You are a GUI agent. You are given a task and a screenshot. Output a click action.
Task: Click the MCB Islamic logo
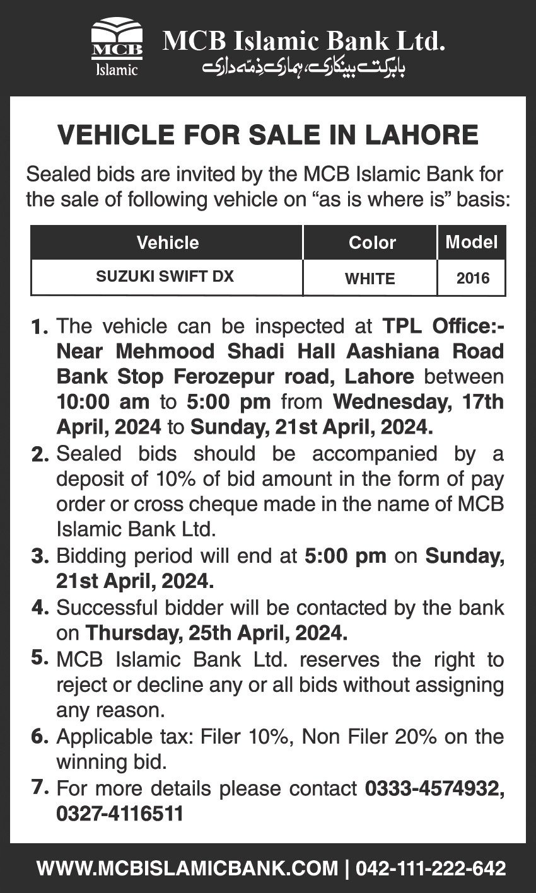pyautogui.click(x=117, y=48)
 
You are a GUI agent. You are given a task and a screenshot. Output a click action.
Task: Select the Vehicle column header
pyautogui.click(x=168, y=243)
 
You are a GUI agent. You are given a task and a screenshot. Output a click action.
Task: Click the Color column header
pyautogui.click(x=372, y=243)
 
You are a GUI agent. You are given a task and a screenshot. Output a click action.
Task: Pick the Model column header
pyautogui.click(x=472, y=241)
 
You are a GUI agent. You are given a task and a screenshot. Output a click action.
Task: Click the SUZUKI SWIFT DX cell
pyautogui.click(x=165, y=277)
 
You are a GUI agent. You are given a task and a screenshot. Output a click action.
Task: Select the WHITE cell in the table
pyautogui.click(x=370, y=278)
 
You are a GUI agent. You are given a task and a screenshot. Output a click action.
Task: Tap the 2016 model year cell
pyautogui.click(x=472, y=278)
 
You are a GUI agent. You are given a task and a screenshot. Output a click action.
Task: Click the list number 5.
pyautogui.click(x=39, y=659)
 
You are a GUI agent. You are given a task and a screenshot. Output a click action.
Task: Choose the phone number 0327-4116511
pyautogui.click(x=120, y=814)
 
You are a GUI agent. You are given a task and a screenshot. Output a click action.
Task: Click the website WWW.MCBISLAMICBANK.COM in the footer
pyautogui.click(x=187, y=868)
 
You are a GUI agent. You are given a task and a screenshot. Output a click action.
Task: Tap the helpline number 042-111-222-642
pyautogui.click(x=431, y=868)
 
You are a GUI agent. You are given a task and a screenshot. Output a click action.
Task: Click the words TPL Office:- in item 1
pyautogui.click(x=444, y=327)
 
